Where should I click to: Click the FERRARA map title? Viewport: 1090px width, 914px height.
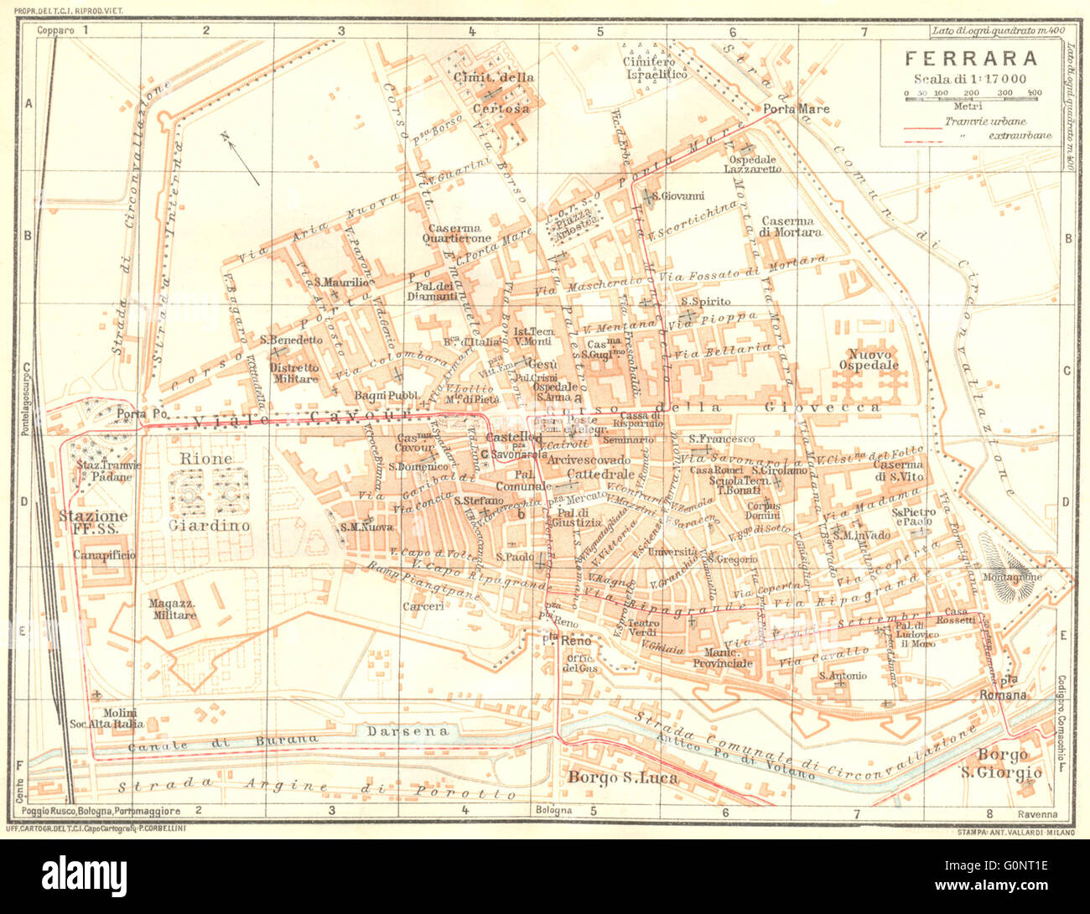tap(971, 58)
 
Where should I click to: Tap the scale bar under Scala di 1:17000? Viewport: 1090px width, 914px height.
tap(973, 99)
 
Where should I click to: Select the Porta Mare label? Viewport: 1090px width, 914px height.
tap(796, 109)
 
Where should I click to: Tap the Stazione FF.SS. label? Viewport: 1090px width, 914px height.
tap(93, 522)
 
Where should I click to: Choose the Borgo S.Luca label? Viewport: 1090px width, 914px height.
tap(623, 777)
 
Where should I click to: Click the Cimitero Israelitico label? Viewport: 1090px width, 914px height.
tap(656, 68)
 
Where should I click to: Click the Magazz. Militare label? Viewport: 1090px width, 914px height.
tap(173, 610)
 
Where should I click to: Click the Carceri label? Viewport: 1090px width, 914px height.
tap(423, 605)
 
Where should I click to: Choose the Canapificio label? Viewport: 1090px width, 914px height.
tap(104, 554)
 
